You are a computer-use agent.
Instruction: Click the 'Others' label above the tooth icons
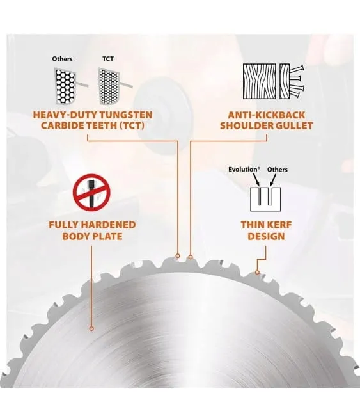[62, 59]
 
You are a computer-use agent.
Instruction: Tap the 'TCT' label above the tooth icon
[108, 59]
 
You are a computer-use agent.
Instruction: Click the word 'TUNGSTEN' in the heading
[126, 115]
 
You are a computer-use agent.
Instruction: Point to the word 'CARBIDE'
[62, 125]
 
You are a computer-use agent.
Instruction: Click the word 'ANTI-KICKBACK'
[267, 115]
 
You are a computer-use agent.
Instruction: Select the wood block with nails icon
[292, 81]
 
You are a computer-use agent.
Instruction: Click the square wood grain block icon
[259, 81]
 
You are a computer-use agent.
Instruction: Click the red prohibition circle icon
[91, 193]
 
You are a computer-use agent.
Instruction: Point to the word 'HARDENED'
[108, 225]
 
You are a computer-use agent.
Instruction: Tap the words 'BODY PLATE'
[92, 236]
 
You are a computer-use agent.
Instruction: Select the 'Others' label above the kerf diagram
[278, 169]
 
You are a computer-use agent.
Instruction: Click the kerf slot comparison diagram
[265, 200]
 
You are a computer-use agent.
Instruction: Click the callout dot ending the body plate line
[91, 328]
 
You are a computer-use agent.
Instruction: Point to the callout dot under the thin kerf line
[257, 272]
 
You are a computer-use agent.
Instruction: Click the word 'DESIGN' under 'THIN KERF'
[266, 236]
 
